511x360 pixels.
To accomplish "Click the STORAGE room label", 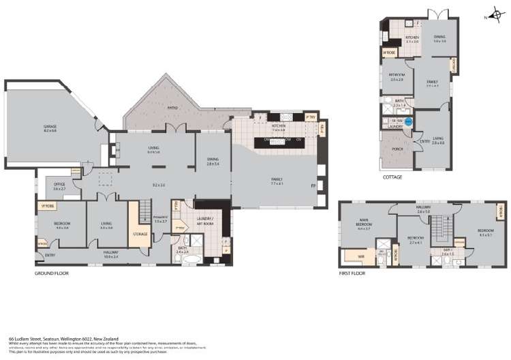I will click(x=140, y=234).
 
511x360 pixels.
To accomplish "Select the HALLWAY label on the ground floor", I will click(x=110, y=254).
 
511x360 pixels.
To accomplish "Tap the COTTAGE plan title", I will click(x=392, y=177).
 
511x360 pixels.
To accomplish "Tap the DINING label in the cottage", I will click(x=439, y=38).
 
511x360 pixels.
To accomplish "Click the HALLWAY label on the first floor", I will click(x=424, y=210).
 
